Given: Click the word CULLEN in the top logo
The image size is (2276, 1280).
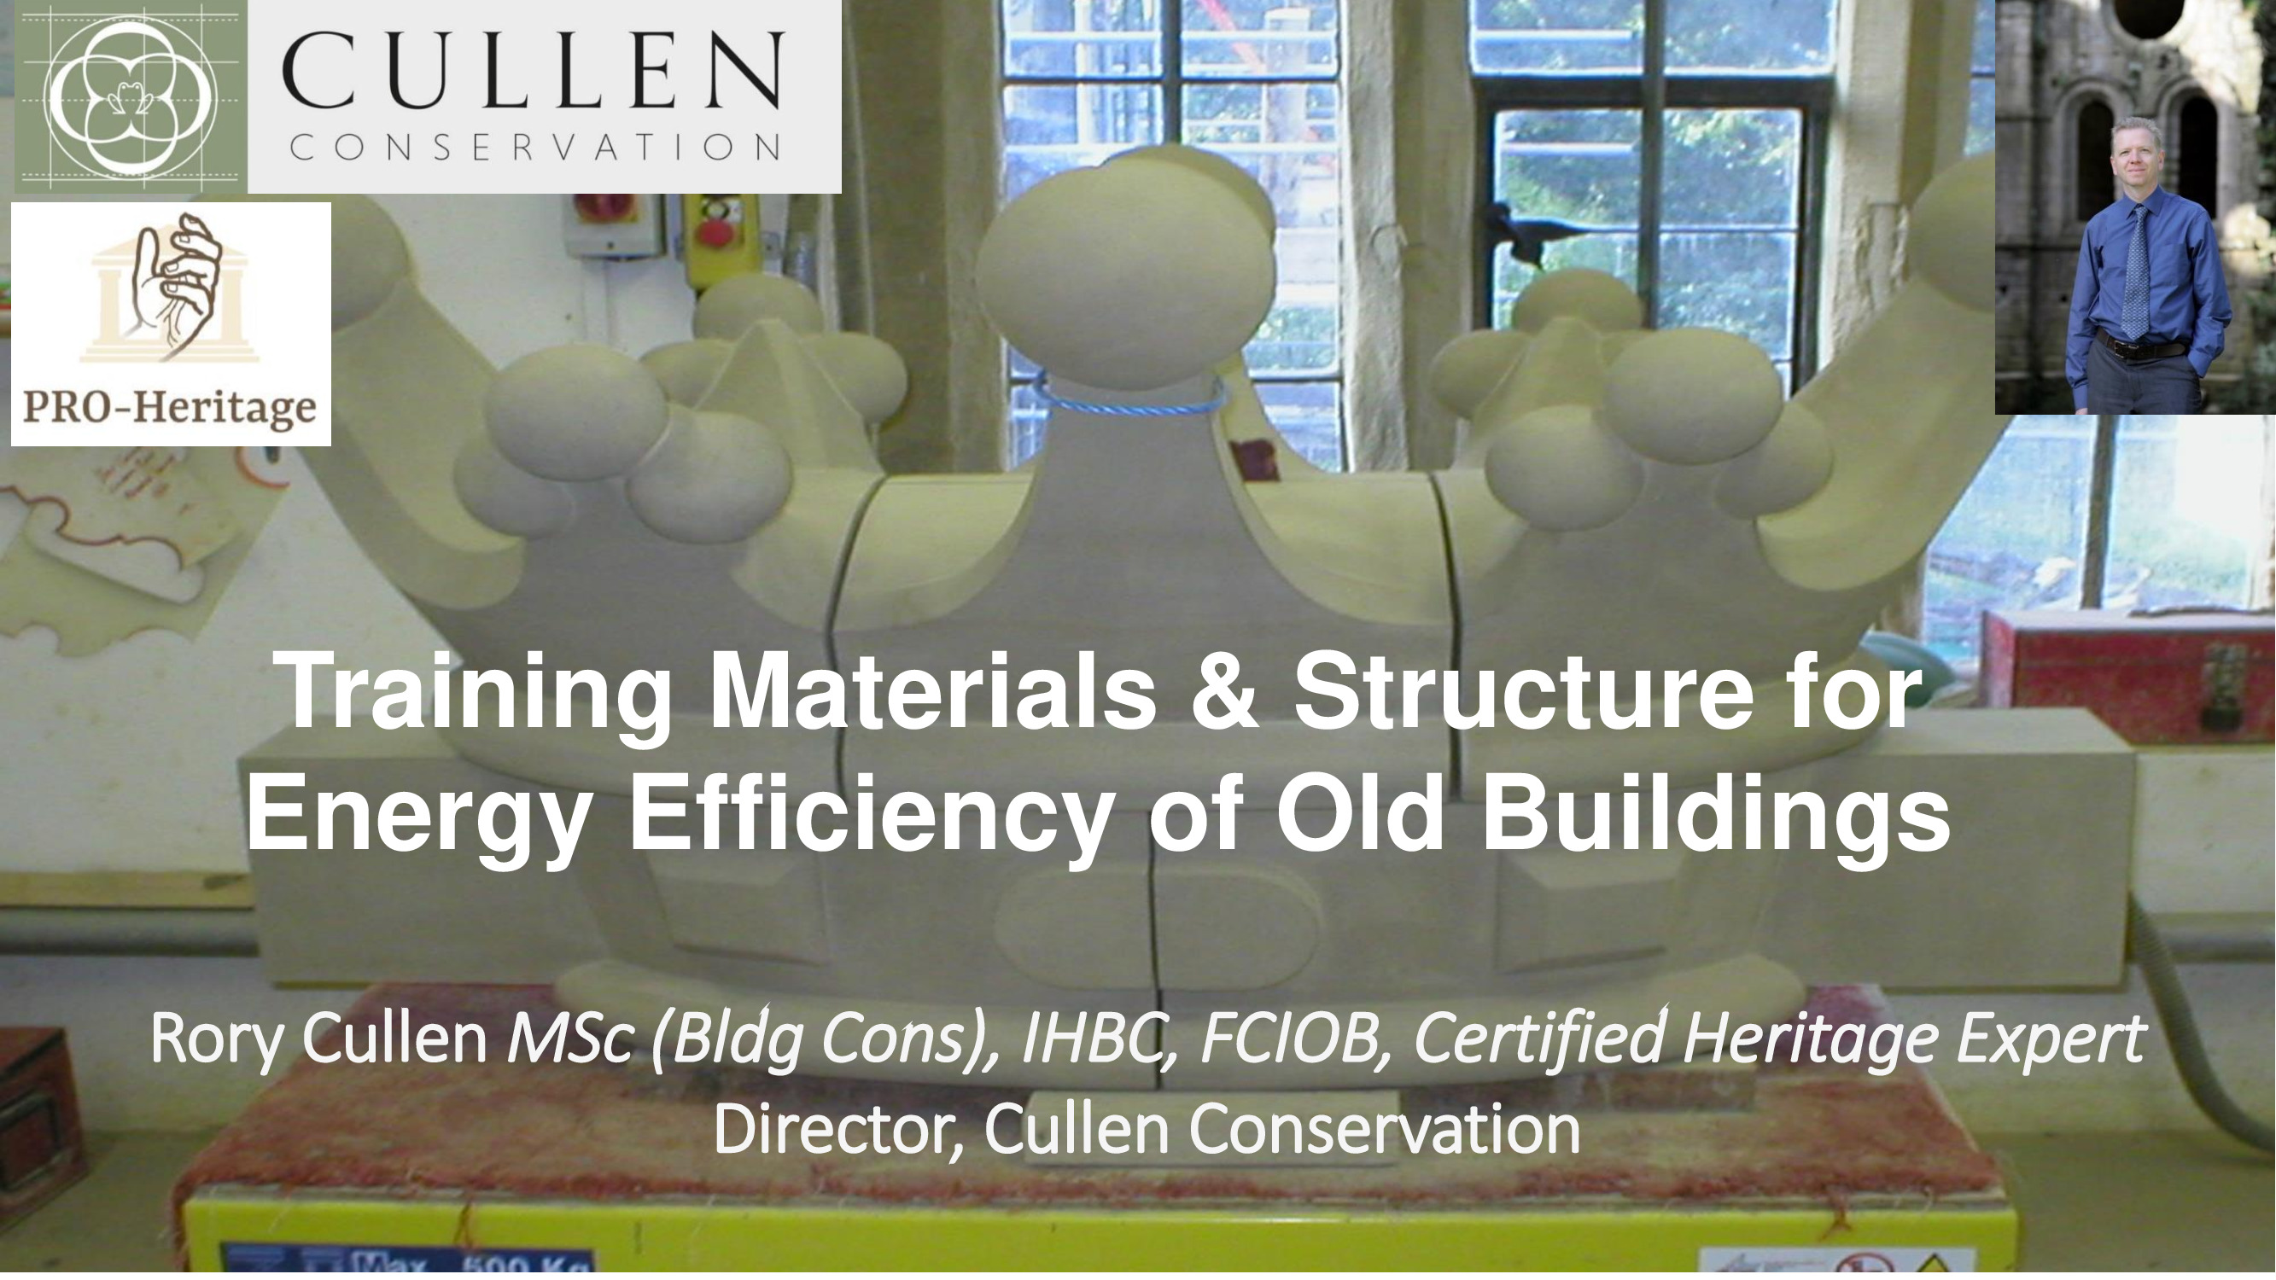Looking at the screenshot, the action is point(533,71).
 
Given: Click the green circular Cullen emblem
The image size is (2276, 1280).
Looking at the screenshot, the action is point(131,96).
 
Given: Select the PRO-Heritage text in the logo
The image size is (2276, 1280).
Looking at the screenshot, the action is point(170,408).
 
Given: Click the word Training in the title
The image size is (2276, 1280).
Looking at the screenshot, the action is point(474,695).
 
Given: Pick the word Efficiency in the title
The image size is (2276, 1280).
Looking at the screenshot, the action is point(869,813).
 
